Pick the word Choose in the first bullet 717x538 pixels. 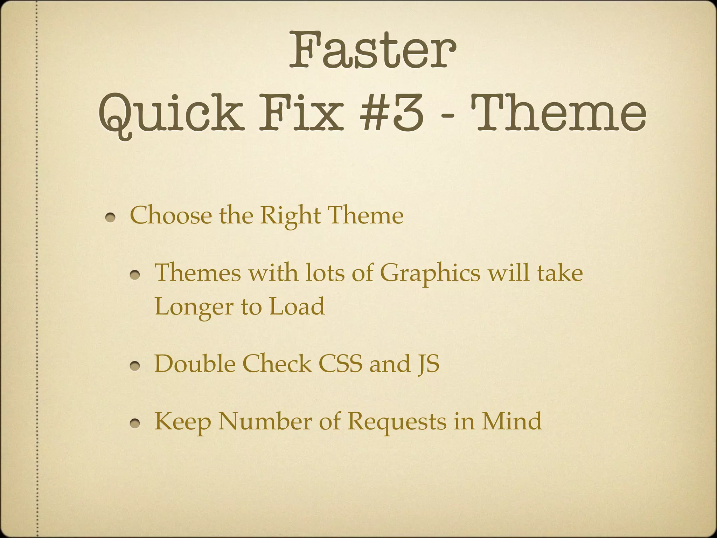click(x=170, y=215)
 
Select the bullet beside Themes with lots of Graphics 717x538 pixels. click(x=135, y=275)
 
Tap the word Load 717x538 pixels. click(x=297, y=306)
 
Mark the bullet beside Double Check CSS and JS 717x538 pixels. click(x=135, y=366)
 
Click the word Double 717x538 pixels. click(x=195, y=364)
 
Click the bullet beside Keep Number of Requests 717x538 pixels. click(x=135, y=424)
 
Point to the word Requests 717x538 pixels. click(x=397, y=422)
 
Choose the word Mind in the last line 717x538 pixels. click(x=511, y=421)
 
